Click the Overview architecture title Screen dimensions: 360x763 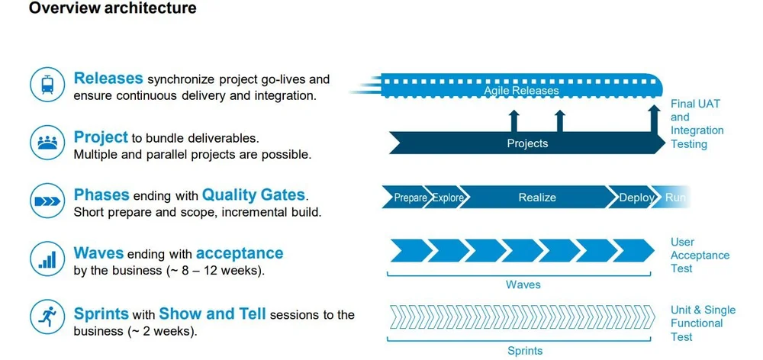(x=112, y=9)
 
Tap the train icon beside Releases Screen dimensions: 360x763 (x=47, y=84)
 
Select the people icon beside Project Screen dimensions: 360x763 (x=47, y=143)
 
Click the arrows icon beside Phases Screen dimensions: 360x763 (x=47, y=201)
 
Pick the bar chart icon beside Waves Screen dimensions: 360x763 (x=47, y=259)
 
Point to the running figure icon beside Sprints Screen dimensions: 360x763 (x=47, y=317)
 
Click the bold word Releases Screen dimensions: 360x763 (x=108, y=79)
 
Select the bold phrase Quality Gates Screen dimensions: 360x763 (x=253, y=195)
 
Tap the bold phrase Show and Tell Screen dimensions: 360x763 (x=213, y=313)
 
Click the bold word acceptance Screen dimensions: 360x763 (x=240, y=253)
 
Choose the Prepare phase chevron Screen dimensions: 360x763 (x=409, y=198)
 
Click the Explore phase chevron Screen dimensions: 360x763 (x=448, y=198)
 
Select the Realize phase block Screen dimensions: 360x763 (x=537, y=198)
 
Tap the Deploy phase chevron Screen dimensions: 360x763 (x=636, y=198)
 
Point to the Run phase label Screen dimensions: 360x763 (x=675, y=198)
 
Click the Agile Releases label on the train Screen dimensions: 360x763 (x=521, y=91)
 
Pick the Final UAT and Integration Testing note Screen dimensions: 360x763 (x=695, y=124)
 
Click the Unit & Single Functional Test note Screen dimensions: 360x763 (x=703, y=323)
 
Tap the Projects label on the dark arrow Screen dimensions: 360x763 (x=527, y=143)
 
